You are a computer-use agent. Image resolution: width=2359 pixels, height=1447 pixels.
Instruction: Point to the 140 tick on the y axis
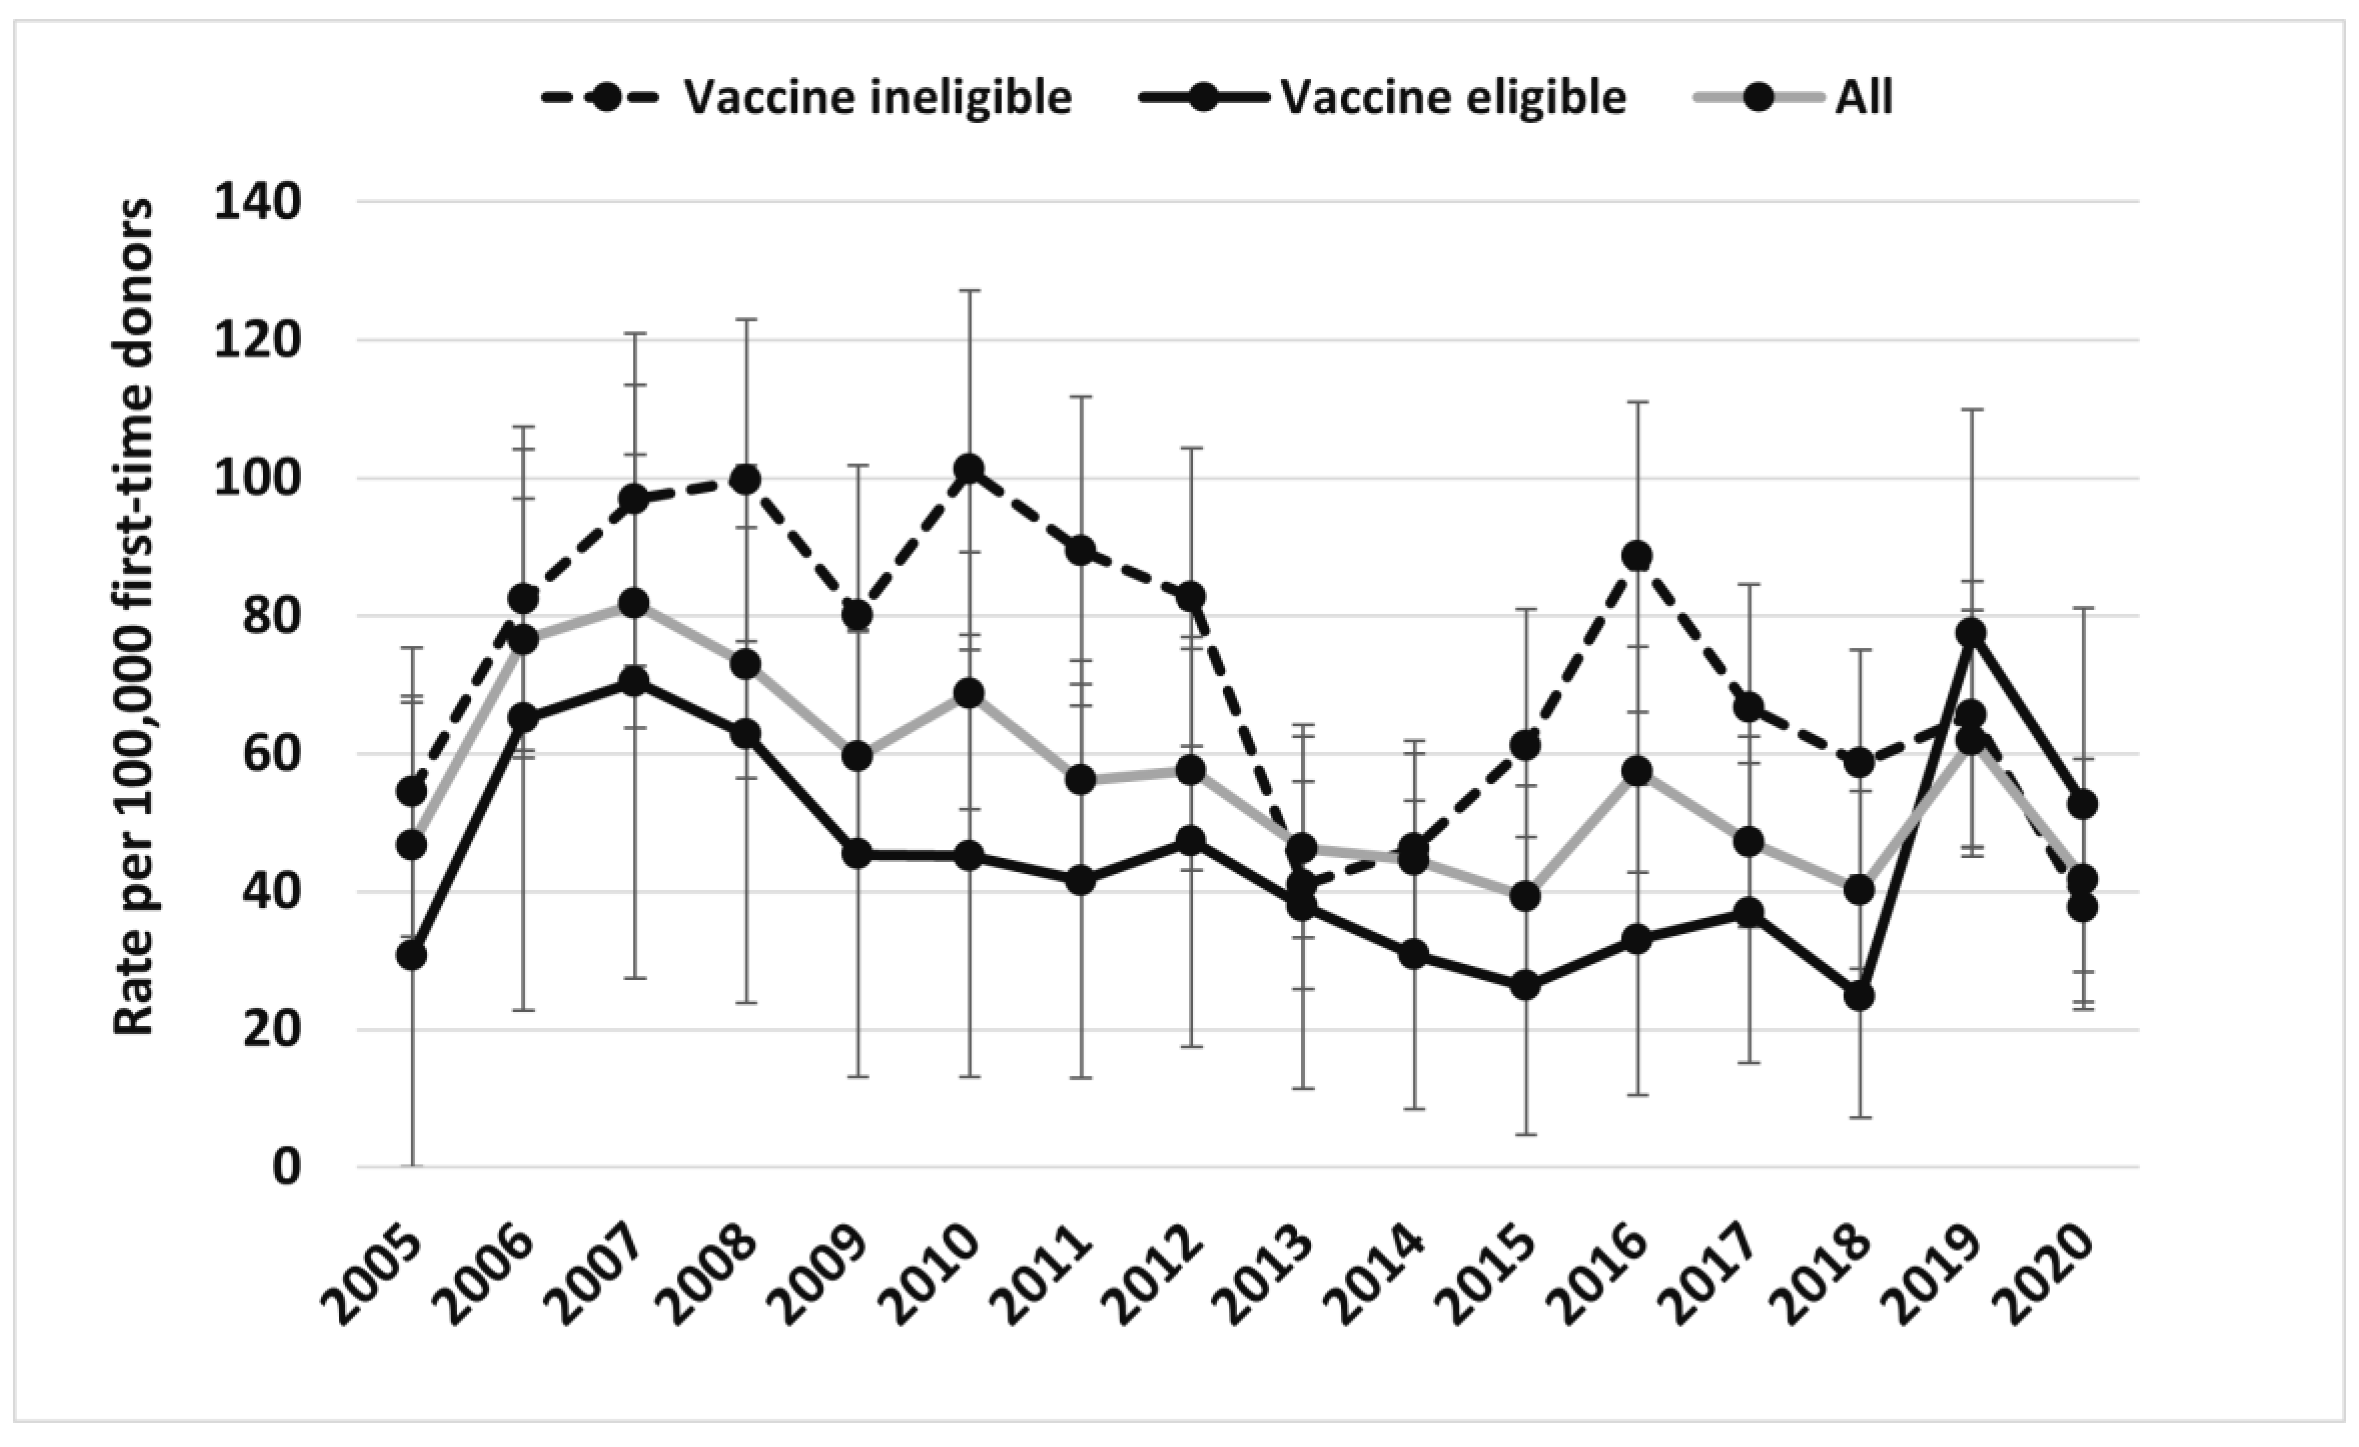(x=257, y=203)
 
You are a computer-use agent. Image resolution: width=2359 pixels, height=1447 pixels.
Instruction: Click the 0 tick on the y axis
(x=285, y=1167)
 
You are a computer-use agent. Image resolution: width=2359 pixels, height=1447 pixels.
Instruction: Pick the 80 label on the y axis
(x=271, y=617)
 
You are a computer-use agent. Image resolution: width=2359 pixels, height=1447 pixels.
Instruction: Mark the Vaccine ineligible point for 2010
(x=969, y=469)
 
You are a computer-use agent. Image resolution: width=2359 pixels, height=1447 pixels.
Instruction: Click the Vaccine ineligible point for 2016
(x=1637, y=555)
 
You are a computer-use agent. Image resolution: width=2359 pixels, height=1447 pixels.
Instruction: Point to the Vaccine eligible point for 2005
(x=412, y=954)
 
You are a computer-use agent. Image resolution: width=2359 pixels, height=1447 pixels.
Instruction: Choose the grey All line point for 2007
(x=634, y=603)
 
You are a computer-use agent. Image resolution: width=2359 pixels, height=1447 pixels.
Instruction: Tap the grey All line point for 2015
(x=1526, y=897)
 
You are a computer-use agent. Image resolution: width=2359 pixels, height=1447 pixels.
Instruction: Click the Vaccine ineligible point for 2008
(x=746, y=478)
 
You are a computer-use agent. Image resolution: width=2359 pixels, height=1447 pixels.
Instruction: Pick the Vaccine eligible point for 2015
(x=1526, y=985)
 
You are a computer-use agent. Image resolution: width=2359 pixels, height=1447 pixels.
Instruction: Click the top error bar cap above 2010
(x=969, y=290)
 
